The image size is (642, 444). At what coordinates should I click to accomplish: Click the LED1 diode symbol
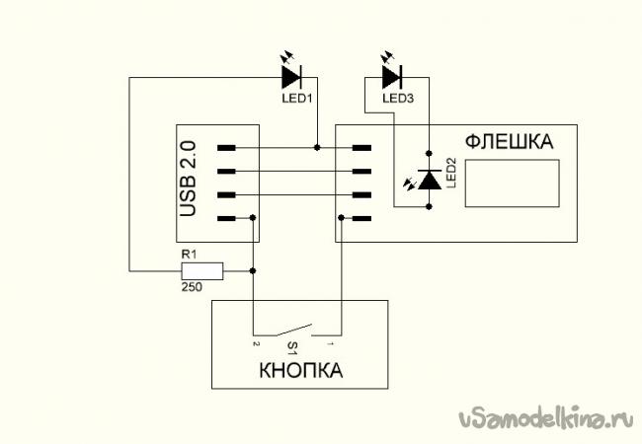click(290, 75)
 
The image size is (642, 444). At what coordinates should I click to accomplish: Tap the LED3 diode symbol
click(391, 75)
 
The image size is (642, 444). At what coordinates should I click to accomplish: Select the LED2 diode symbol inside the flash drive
click(430, 180)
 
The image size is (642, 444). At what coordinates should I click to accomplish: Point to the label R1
click(188, 255)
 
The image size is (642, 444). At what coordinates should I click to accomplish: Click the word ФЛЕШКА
click(509, 141)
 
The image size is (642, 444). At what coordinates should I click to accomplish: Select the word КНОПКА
click(300, 372)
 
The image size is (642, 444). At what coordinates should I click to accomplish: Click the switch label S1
click(292, 347)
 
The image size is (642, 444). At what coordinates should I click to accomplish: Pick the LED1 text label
click(296, 99)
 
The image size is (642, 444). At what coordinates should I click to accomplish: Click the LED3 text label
click(397, 99)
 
